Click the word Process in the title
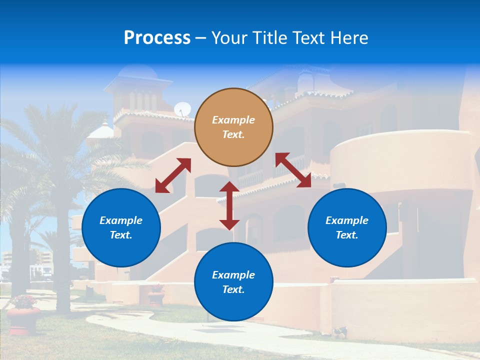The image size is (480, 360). click(x=157, y=37)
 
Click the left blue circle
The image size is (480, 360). click(x=121, y=227)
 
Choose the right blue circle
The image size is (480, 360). click(x=347, y=227)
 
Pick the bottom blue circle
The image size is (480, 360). click(x=233, y=282)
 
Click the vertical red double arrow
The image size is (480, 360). click(x=229, y=205)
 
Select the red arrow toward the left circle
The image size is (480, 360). click(x=173, y=175)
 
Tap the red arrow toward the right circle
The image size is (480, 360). click(x=293, y=170)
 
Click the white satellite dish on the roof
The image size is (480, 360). click(x=182, y=109)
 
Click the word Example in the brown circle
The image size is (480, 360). click(x=233, y=120)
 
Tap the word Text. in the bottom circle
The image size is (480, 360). click(x=233, y=289)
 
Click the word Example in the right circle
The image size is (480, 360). click(x=347, y=220)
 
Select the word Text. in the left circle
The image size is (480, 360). click(x=121, y=235)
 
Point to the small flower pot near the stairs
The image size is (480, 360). click(x=156, y=295)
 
